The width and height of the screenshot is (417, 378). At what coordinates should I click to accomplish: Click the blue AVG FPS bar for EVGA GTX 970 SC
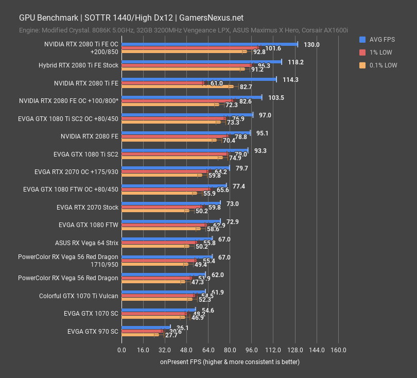(x=146, y=327)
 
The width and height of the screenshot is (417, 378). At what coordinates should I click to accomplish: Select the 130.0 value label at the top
(x=311, y=45)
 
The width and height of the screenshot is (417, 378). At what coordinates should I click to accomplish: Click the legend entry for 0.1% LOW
(x=384, y=65)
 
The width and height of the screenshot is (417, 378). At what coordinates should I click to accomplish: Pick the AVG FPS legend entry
(x=383, y=40)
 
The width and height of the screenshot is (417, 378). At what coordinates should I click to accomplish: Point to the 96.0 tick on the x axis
(x=251, y=350)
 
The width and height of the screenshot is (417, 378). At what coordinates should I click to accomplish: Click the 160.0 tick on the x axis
(x=338, y=350)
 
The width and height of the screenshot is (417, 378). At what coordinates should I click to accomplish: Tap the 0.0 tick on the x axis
(x=121, y=350)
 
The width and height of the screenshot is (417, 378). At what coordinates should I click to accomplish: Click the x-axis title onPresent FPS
(x=230, y=362)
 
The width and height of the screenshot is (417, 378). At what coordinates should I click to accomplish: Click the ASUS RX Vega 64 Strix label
(x=86, y=243)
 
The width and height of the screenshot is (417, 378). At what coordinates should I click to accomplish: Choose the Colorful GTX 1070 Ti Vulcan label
(x=79, y=296)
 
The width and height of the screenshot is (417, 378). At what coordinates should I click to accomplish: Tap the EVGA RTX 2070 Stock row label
(x=88, y=208)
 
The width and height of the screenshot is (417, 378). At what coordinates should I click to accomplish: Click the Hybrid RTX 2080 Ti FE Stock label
(x=78, y=65)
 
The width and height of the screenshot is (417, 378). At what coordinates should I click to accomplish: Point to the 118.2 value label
(x=296, y=62)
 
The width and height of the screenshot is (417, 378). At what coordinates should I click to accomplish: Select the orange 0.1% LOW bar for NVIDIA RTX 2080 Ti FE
(x=177, y=87)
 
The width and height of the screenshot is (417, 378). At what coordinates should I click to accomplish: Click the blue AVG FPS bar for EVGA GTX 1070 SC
(x=158, y=310)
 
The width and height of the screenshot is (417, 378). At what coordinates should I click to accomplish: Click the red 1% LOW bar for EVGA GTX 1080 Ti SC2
(x=175, y=154)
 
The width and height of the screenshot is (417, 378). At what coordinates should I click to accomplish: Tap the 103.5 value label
(x=276, y=98)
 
